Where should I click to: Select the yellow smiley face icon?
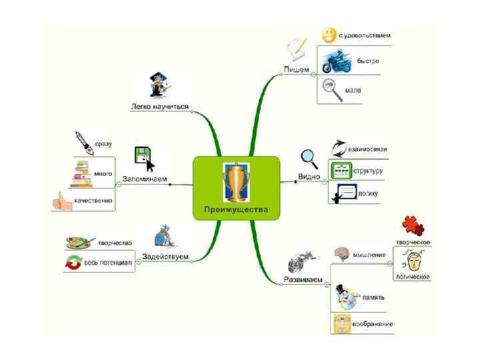pos(328,35)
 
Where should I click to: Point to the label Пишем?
pos(296,69)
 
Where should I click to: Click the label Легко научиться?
pos(160,107)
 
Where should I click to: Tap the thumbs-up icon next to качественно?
pos(62,200)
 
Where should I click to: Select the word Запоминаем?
pos(144,179)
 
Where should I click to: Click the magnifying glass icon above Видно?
pos(309,157)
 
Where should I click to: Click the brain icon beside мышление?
pos(342,254)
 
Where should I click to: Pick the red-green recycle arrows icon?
pos(71,263)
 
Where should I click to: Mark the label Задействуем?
pos(166,257)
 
